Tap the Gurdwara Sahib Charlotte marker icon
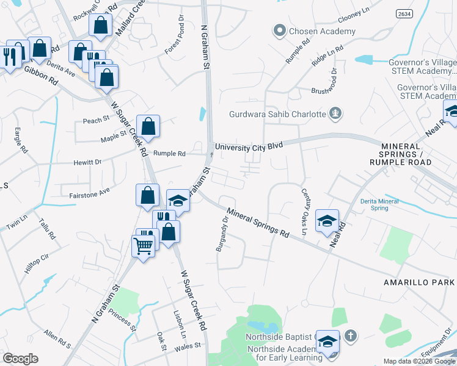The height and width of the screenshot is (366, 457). tap(335, 113)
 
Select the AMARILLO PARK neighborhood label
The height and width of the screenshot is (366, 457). tap(419, 282)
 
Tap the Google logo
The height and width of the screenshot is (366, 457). tap(20, 359)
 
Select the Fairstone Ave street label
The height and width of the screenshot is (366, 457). tap(86, 190)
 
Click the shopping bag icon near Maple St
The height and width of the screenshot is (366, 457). tap(148, 126)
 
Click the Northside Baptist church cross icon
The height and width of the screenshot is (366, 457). tap(350, 335)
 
